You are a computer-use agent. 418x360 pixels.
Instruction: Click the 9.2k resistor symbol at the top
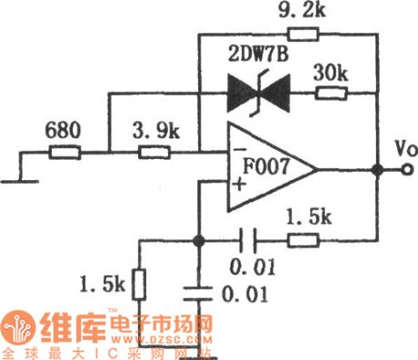tap(306, 35)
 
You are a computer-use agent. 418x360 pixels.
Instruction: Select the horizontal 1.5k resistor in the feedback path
tap(303, 241)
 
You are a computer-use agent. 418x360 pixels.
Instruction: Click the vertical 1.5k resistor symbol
tap(140, 285)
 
